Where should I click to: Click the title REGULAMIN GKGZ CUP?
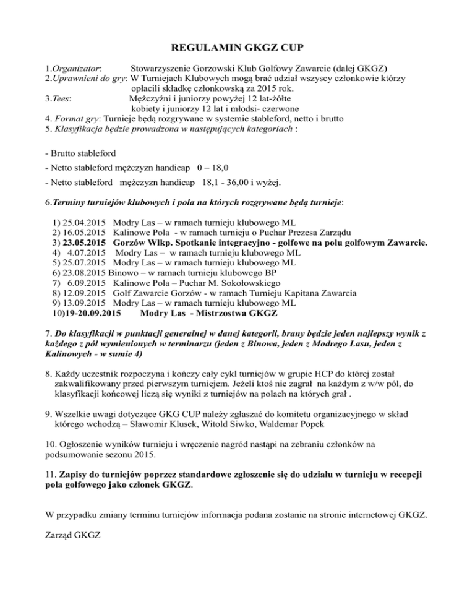click(237, 45)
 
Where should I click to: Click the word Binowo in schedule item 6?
click(126, 274)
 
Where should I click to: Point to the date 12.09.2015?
click(82, 295)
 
